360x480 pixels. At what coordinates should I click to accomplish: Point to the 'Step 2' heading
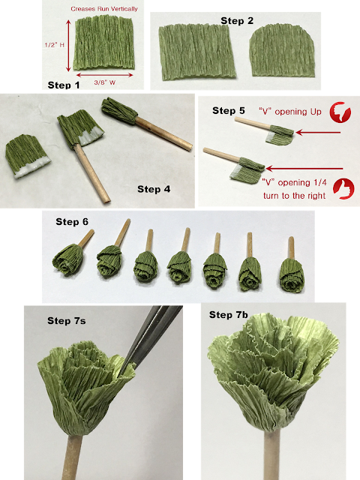click(238, 20)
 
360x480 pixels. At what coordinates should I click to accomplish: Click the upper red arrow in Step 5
click(318, 132)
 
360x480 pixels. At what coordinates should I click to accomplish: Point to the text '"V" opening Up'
click(289, 112)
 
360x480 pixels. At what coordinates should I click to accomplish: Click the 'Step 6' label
click(72, 221)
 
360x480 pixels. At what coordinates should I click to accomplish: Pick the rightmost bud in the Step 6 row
click(289, 266)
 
